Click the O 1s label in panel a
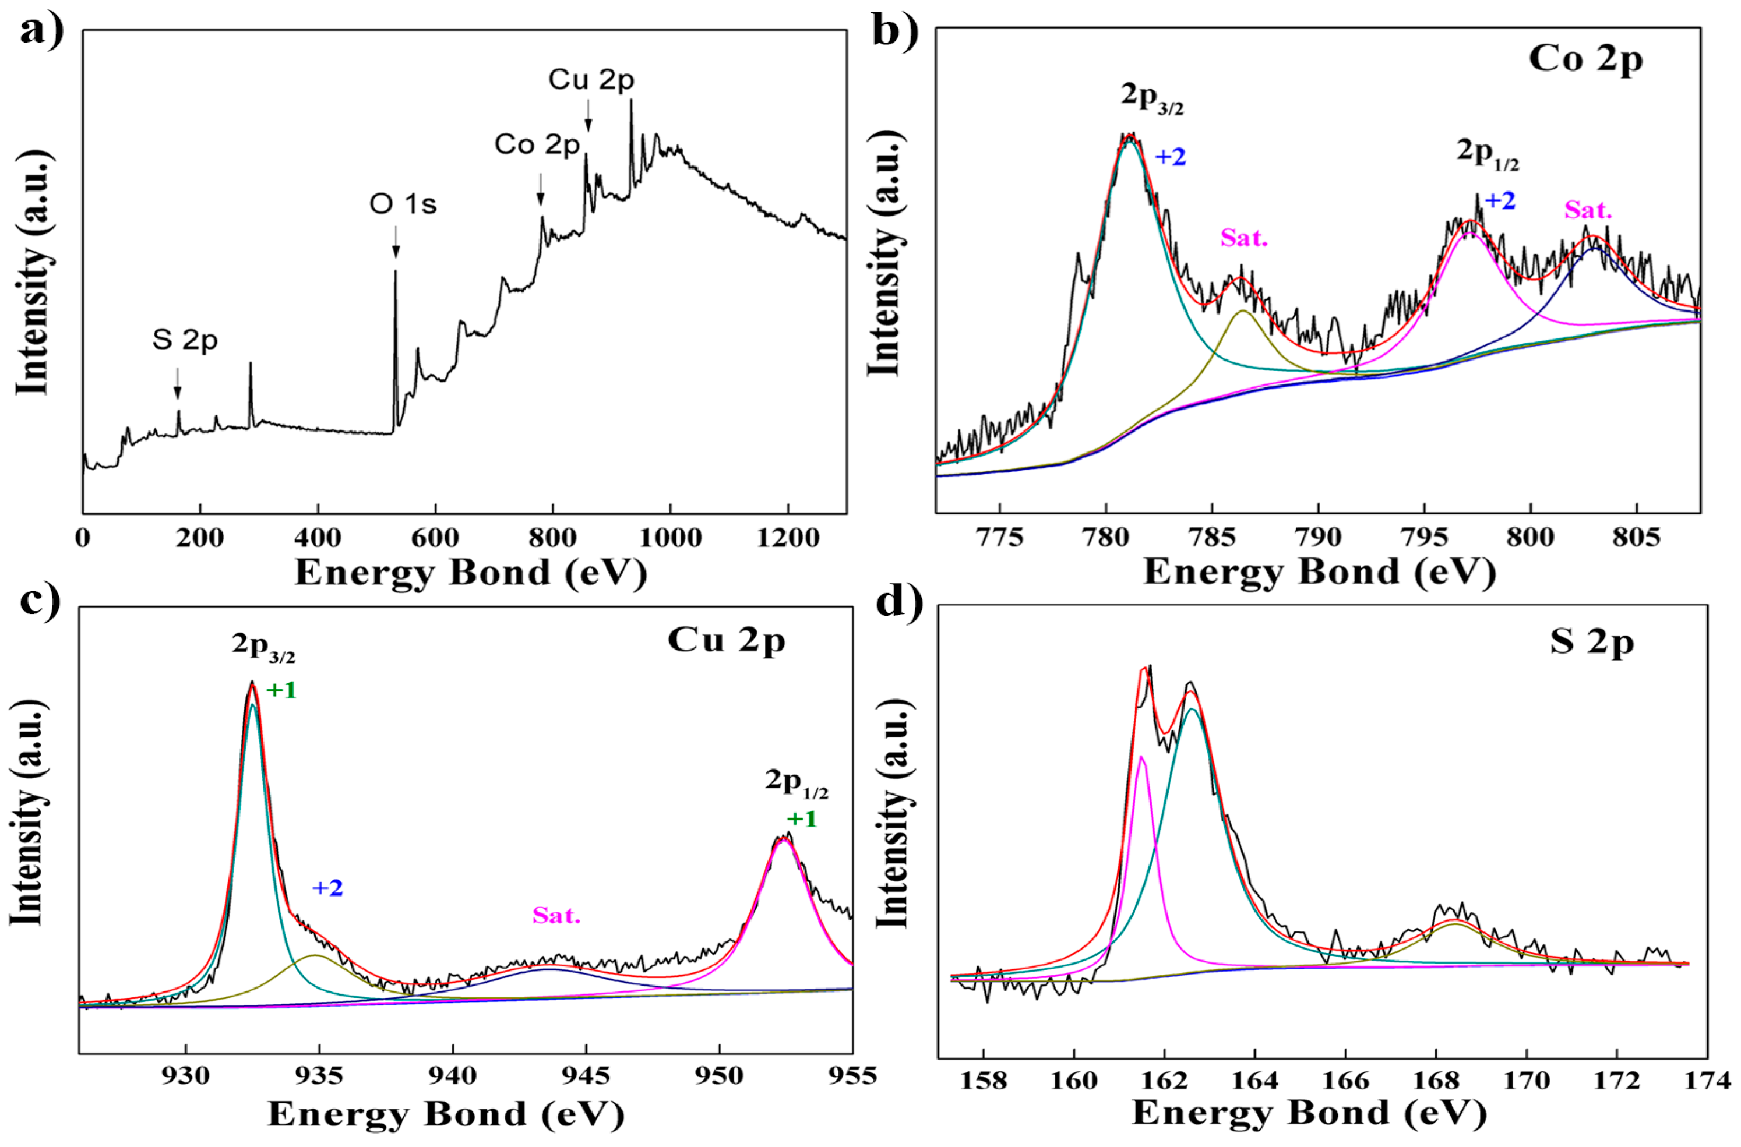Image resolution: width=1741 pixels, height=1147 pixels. pos(403,204)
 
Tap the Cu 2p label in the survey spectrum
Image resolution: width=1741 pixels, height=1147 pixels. pos(591,80)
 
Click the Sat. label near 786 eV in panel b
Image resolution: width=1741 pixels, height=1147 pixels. pos(1243,238)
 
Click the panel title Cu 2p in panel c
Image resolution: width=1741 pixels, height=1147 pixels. pos(727,640)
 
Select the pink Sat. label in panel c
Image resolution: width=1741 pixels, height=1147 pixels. pos(556,916)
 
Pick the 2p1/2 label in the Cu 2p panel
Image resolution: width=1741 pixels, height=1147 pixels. pos(797,783)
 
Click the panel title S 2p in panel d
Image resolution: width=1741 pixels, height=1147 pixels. pos(1592,643)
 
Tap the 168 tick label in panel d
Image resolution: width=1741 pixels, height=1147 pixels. pos(1436,1079)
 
